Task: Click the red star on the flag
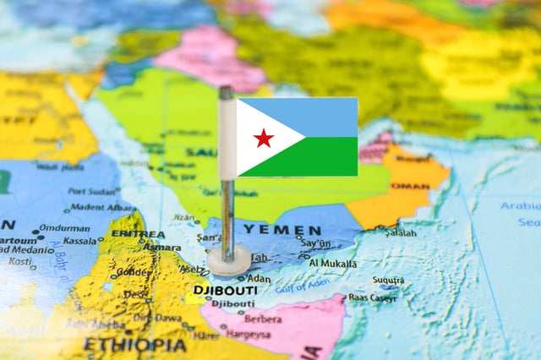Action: pyautogui.click(x=264, y=138)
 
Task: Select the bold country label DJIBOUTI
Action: pyautogui.click(x=225, y=290)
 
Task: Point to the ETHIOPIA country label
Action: pyautogui.click(x=134, y=345)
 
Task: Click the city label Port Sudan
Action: pyautogui.click(x=95, y=191)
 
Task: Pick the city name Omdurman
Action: pyautogui.click(x=63, y=227)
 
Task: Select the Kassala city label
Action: pyautogui.click(x=79, y=241)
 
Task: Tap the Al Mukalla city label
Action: pyautogui.click(x=333, y=263)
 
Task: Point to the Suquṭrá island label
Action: pyautogui.click(x=388, y=280)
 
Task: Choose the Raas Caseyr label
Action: pyautogui.click(x=372, y=297)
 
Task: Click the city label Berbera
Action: pyautogui.click(x=263, y=319)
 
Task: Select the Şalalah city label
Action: pyautogui.click(x=401, y=232)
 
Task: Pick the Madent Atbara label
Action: pyautogui.click(x=98, y=207)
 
